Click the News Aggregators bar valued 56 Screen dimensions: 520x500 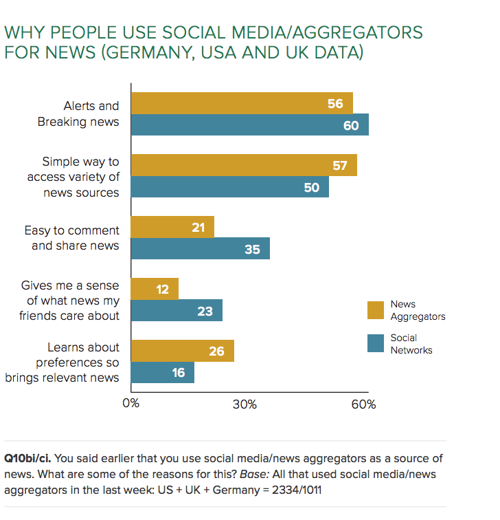coord(242,103)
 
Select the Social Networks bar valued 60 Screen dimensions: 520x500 coord(250,125)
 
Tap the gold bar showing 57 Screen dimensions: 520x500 coord(244,165)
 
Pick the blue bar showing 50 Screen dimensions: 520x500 coord(229,187)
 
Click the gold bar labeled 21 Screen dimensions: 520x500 coord(172,227)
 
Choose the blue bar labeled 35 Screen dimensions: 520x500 coord(200,249)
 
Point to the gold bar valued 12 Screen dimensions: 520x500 coord(155,289)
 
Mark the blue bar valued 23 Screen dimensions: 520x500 coord(177,311)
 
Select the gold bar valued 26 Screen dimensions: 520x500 coord(182,351)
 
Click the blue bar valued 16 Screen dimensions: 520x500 coord(163,373)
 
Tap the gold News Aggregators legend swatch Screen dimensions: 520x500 coord(375,310)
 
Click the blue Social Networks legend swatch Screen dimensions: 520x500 coord(375,343)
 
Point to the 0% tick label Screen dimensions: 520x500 coord(131,404)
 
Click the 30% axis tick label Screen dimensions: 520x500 coord(245,404)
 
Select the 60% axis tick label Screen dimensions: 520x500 coord(363,404)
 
